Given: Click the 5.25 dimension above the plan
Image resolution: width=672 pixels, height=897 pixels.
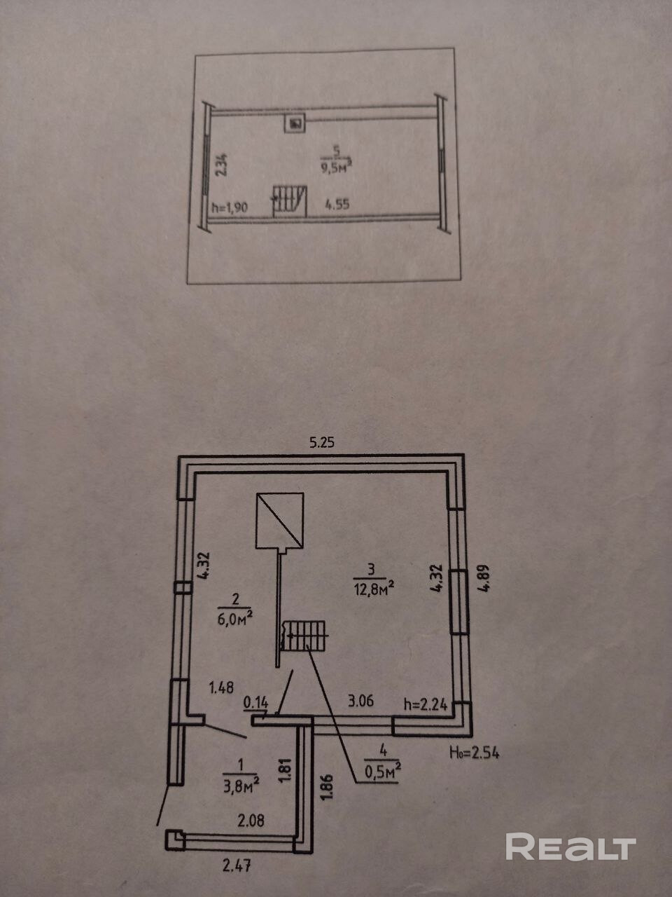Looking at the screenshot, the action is click(x=321, y=443).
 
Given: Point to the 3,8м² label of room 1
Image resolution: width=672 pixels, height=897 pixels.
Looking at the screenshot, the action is click(x=241, y=786).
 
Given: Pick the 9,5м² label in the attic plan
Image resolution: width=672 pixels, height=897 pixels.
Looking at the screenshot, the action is click(x=337, y=168).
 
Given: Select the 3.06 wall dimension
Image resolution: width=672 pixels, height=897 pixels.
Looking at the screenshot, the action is click(x=360, y=701).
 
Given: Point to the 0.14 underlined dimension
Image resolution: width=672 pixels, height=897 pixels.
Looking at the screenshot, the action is click(x=255, y=703).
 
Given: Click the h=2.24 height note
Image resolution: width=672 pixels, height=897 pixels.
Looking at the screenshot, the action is click(x=426, y=704).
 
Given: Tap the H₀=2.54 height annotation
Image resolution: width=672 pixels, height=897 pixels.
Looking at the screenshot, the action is click(x=475, y=753).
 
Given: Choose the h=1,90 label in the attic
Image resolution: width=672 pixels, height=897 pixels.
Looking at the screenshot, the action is click(x=230, y=207).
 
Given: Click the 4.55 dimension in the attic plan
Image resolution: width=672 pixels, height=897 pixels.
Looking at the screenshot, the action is click(x=337, y=204).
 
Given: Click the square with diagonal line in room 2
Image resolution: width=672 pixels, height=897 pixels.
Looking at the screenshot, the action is click(x=279, y=520).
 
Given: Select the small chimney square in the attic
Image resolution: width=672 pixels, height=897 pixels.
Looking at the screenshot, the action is click(x=295, y=123).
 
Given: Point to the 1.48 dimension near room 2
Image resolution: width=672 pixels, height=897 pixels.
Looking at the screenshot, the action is click(x=221, y=687).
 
